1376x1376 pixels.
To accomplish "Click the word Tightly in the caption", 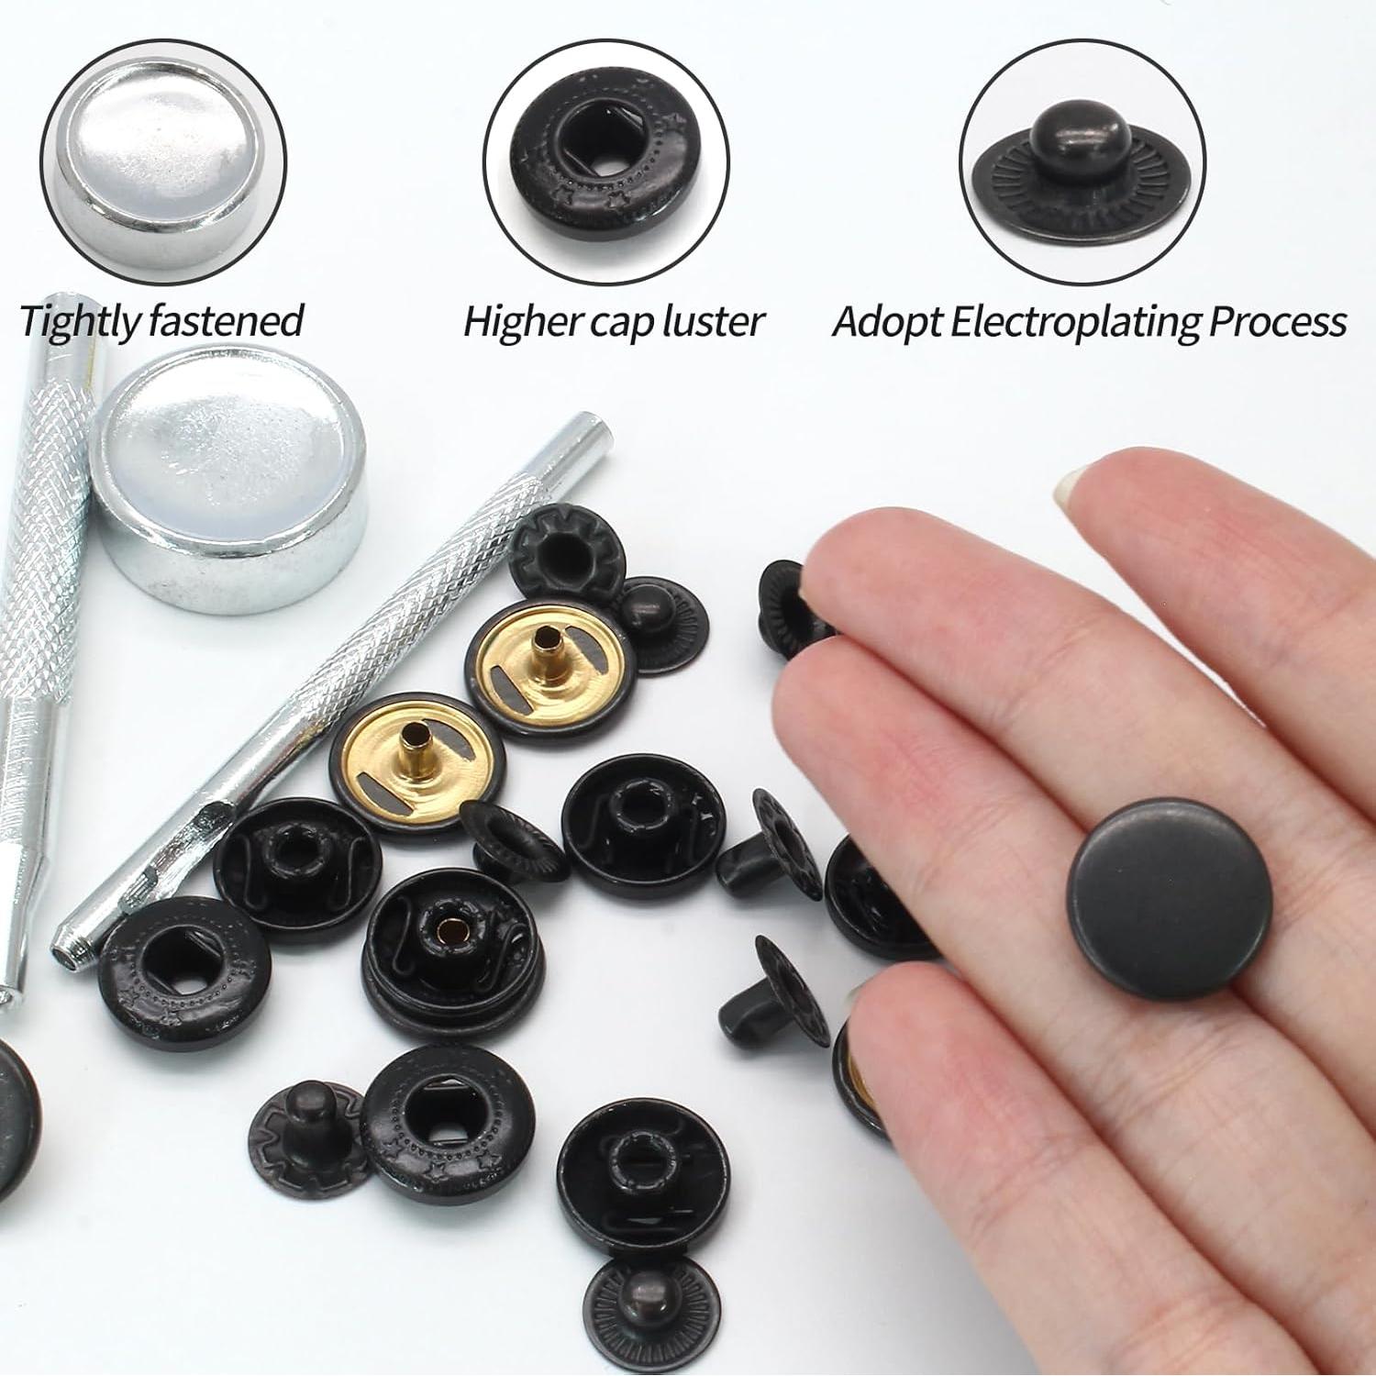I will [79, 321].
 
